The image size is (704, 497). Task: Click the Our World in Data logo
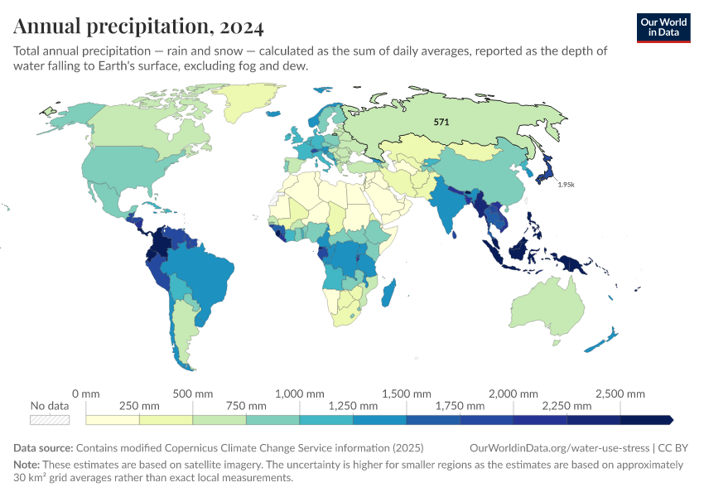tap(663, 28)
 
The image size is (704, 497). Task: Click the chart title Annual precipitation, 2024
tap(138, 27)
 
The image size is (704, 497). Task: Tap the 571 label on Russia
tap(441, 122)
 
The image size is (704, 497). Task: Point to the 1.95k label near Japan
tap(566, 185)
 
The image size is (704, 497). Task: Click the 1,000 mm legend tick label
tap(299, 393)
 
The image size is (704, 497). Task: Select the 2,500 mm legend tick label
tap(620, 393)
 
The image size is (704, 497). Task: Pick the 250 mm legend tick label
tap(139, 406)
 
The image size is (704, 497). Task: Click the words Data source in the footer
tap(42, 447)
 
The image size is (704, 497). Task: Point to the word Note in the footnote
tap(27, 465)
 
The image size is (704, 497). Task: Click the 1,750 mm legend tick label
tap(460, 406)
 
